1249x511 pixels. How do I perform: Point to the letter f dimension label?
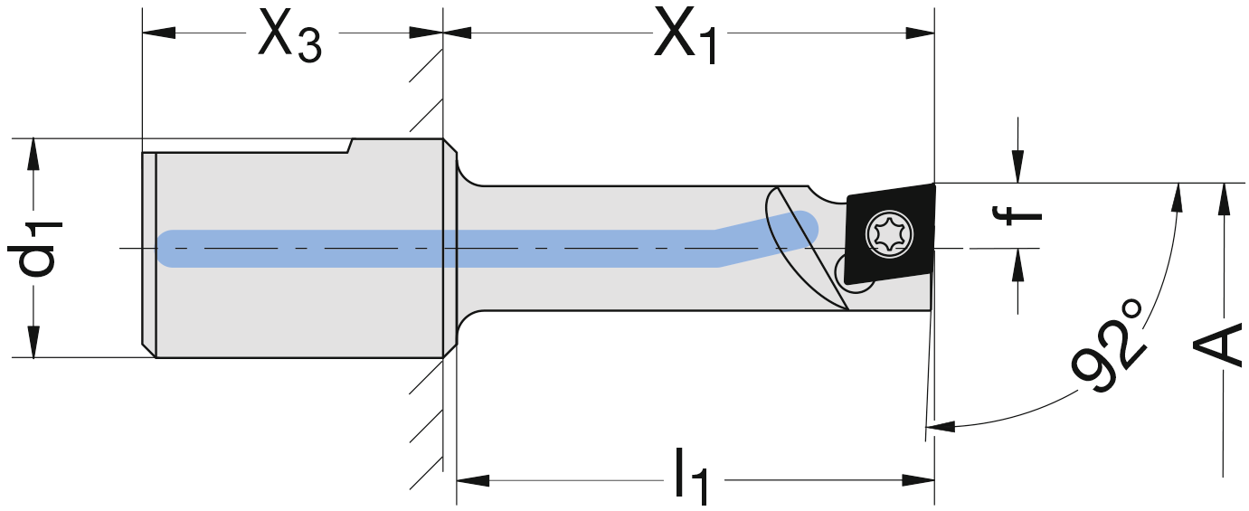[x=1018, y=215]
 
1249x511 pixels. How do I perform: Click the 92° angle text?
[x=1110, y=349]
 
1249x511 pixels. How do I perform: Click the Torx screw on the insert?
[x=885, y=234]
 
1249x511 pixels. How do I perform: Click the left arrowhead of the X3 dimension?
[x=159, y=33]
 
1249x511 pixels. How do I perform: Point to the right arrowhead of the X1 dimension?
[x=919, y=33]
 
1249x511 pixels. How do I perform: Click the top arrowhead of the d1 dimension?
[x=33, y=153]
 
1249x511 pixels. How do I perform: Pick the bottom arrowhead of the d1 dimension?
[x=33, y=342]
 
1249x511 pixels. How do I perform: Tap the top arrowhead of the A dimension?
[x=1223, y=198]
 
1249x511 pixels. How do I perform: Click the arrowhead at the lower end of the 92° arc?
[x=941, y=424]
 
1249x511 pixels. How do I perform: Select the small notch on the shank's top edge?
[x=350, y=146]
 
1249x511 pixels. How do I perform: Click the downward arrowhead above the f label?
[x=1018, y=168]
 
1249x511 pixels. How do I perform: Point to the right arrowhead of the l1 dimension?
[x=919, y=479]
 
